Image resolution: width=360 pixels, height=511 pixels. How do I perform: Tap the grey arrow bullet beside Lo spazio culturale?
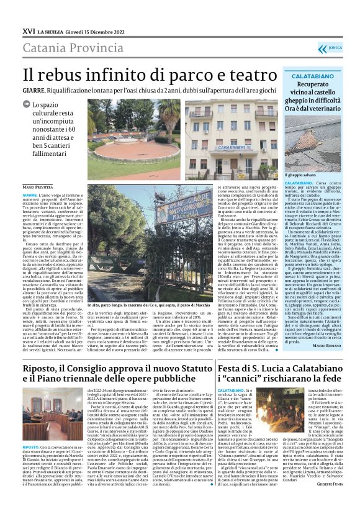tap(28, 106)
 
